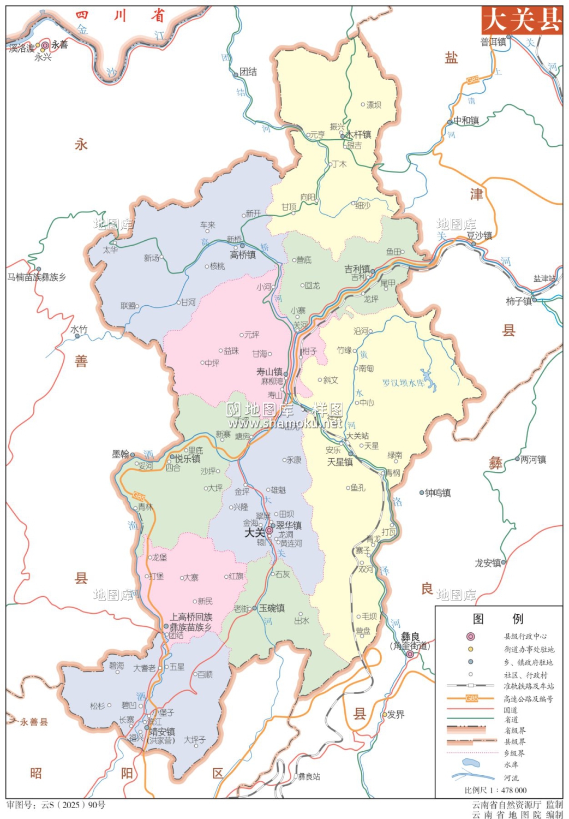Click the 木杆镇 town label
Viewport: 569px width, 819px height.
click(x=358, y=134)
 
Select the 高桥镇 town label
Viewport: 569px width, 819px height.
click(x=243, y=255)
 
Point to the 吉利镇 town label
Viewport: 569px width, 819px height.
click(x=357, y=269)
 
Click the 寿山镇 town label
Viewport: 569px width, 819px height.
click(x=269, y=372)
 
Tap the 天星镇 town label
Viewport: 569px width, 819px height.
click(x=340, y=462)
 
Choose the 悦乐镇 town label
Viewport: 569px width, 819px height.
click(x=188, y=459)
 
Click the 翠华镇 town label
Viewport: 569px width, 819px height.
click(x=289, y=525)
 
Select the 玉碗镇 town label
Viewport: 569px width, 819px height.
click(x=272, y=608)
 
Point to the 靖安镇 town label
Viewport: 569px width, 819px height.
click(x=163, y=732)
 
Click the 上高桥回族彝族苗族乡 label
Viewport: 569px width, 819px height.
click(x=191, y=622)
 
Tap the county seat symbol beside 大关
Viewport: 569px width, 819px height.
click(x=269, y=530)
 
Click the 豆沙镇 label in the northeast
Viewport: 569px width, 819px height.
click(x=479, y=235)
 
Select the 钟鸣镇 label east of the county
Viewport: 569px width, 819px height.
click(x=438, y=493)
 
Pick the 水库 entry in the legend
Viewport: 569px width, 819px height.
click(x=511, y=764)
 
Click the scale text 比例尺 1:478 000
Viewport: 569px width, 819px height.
click(x=495, y=790)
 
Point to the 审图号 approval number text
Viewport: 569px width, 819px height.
click(x=56, y=805)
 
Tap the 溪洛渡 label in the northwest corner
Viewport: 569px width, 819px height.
click(x=22, y=49)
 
